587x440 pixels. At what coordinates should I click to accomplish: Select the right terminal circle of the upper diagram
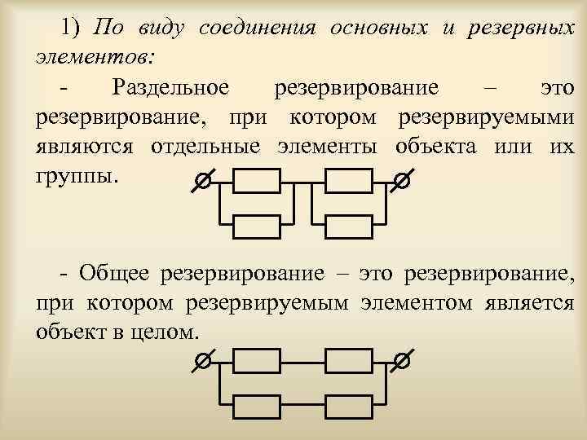pos(399,183)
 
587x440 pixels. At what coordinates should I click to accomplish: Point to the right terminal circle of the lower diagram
pos(399,360)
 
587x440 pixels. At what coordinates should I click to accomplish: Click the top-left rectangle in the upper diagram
pos(257,181)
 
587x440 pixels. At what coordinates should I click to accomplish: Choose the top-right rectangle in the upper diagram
pos(349,181)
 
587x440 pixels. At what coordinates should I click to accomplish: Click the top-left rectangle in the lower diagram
pos(257,359)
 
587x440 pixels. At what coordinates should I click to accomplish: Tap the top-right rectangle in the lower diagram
pos(349,359)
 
